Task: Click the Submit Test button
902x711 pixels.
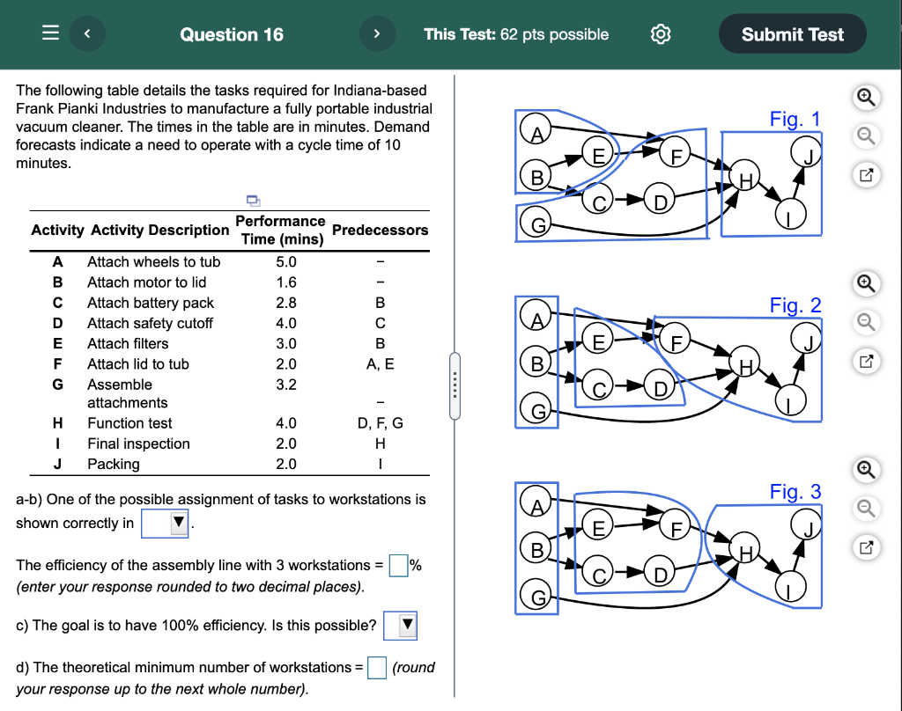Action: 792,34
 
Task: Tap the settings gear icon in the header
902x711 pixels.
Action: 661,34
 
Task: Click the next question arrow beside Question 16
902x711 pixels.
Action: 376,34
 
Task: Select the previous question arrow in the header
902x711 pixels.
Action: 87,34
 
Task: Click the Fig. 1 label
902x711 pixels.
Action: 795,119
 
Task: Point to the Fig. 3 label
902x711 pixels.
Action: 795,492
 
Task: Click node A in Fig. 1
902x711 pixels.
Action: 536,133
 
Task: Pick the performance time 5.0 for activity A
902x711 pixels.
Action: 286,262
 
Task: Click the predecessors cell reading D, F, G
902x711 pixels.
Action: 381,423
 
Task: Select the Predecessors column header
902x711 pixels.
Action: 381,230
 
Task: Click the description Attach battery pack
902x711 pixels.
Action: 151,303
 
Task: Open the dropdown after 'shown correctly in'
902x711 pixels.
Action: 166,524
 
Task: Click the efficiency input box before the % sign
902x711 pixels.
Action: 398,565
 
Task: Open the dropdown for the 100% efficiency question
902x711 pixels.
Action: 400,626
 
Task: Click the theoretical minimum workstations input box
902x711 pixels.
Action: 377,668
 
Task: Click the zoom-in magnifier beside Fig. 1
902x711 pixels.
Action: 866,98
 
